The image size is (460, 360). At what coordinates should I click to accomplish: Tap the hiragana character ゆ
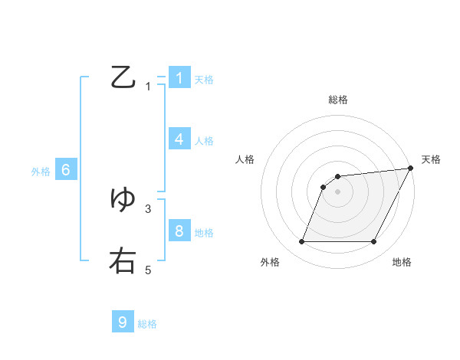click(x=123, y=199)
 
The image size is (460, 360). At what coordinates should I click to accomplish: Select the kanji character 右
click(x=123, y=260)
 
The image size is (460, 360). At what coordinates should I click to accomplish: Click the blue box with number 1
click(x=179, y=77)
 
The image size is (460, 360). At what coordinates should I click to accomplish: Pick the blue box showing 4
click(x=179, y=139)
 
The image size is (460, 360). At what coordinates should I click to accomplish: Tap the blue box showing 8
click(x=179, y=231)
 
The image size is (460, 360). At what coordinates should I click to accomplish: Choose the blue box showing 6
click(x=66, y=170)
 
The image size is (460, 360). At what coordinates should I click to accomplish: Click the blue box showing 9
click(x=123, y=322)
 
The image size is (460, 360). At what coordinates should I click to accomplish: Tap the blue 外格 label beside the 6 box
click(x=41, y=172)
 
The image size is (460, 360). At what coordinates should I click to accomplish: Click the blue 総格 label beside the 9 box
click(x=147, y=324)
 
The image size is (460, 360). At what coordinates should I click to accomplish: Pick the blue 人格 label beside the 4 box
click(x=204, y=141)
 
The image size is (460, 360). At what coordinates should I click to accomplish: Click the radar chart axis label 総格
click(x=338, y=100)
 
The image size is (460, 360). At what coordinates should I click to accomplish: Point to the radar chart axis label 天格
click(x=431, y=159)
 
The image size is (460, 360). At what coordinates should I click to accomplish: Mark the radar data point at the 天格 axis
click(x=411, y=168)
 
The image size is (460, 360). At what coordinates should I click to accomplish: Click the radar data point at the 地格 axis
click(x=374, y=242)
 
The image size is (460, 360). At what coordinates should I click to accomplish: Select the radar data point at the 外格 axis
click(x=301, y=242)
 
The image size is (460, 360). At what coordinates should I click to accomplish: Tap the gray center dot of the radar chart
click(x=338, y=191)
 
